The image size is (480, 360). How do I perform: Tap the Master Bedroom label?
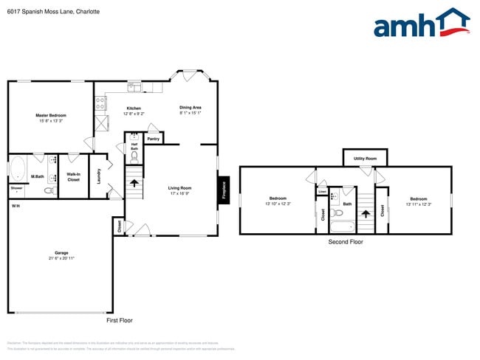pyautogui.click(x=52, y=116)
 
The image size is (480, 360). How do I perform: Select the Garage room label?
pyautogui.click(x=61, y=253)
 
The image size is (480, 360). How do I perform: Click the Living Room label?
pyautogui.click(x=180, y=188)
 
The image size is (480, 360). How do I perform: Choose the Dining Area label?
pyautogui.click(x=191, y=108)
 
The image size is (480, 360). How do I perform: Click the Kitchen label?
pyautogui.click(x=134, y=108)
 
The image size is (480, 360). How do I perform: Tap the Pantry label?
pyautogui.click(x=154, y=139)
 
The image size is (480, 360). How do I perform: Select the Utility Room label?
pyautogui.click(x=365, y=158)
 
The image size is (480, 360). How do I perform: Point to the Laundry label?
pyautogui.click(x=98, y=176)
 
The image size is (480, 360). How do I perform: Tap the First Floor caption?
pyautogui.click(x=119, y=320)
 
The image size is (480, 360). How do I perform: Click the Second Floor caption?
pyautogui.click(x=346, y=241)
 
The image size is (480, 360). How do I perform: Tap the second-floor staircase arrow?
pyautogui.click(x=365, y=215)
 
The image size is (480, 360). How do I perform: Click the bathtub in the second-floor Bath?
pyautogui.click(x=341, y=226)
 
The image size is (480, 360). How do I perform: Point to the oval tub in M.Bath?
pyautogui.click(x=18, y=168)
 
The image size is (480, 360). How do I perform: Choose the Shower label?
pyautogui.click(x=16, y=188)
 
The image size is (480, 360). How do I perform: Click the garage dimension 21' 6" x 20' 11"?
pyautogui.click(x=61, y=259)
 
